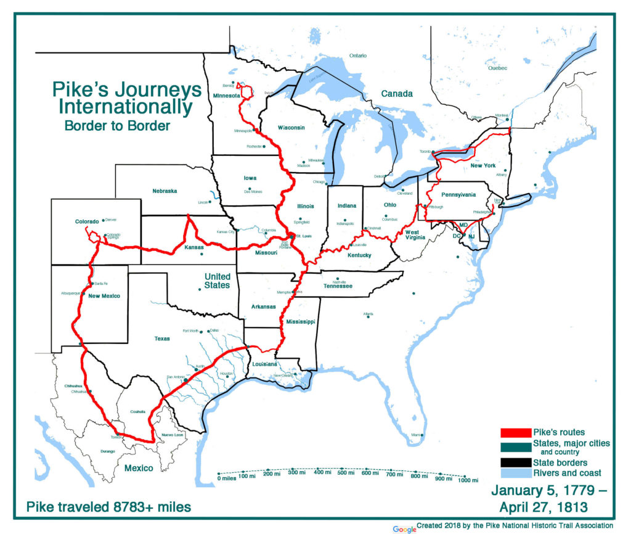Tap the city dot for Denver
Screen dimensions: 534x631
coord(103,220)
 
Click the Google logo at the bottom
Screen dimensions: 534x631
coord(404,528)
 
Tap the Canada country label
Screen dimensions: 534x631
coord(396,94)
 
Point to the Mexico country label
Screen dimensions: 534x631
coord(139,468)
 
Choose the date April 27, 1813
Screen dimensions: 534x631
coord(543,508)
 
